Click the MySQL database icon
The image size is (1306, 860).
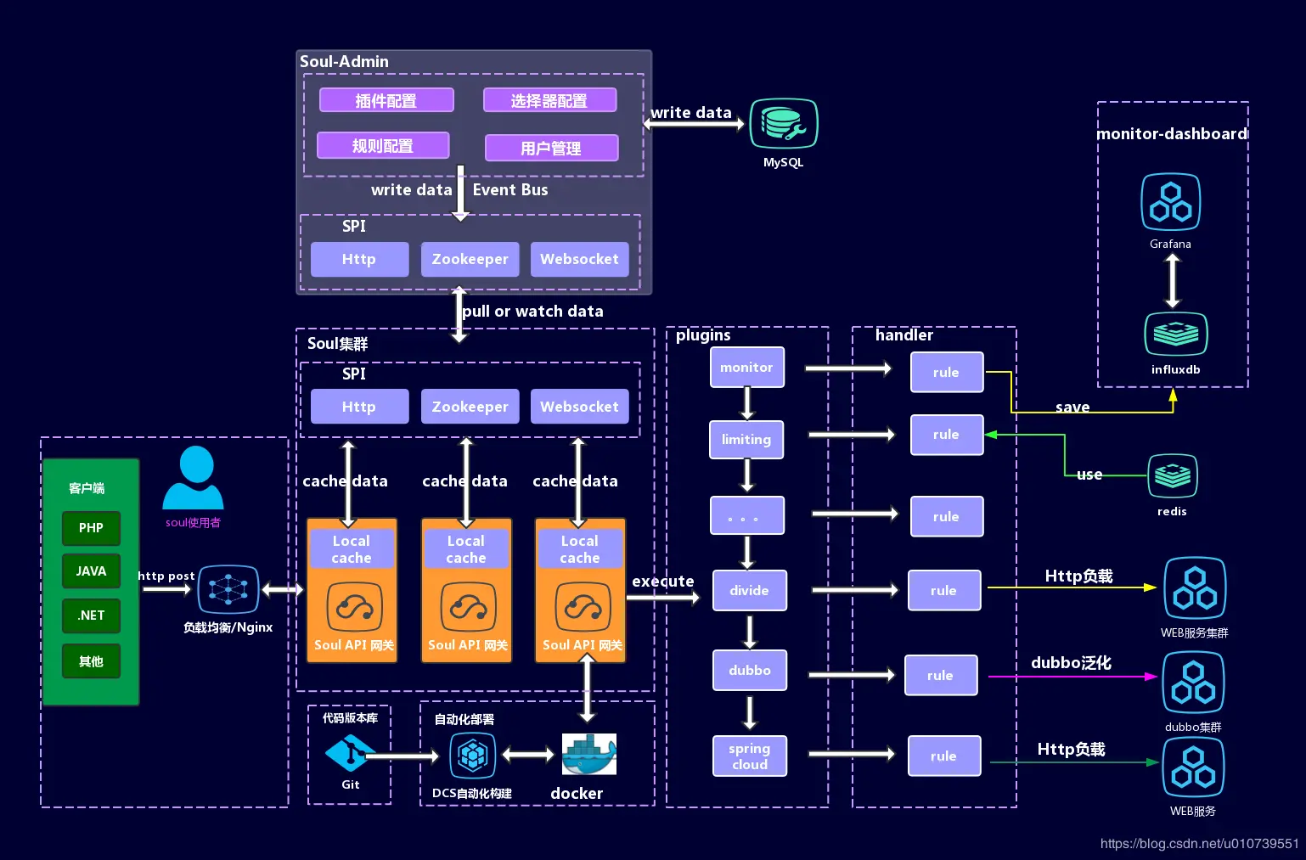pos(783,124)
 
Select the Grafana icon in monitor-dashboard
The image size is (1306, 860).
pos(1170,202)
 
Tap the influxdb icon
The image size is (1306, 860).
pos(1175,334)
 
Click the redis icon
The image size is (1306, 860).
pos(1173,475)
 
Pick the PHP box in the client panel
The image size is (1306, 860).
pos(91,528)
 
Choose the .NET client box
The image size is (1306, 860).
pos(91,615)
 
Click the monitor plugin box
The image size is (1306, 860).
pos(746,368)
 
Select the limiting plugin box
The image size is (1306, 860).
pos(746,440)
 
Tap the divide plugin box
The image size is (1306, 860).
pos(749,590)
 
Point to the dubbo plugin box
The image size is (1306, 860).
pos(749,671)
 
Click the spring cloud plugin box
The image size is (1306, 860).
pos(749,756)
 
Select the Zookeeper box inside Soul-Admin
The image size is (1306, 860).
pos(470,260)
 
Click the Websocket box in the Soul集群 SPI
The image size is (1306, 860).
pos(579,407)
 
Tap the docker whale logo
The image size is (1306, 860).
pos(588,754)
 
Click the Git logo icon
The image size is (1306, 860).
pos(349,753)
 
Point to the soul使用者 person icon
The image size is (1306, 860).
pos(194,479)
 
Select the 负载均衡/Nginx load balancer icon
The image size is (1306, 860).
pos(228,589)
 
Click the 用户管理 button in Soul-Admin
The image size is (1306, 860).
pos(551,149)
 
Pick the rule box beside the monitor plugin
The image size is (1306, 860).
pos(946,373)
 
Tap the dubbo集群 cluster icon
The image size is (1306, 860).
pos(1193,683)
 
